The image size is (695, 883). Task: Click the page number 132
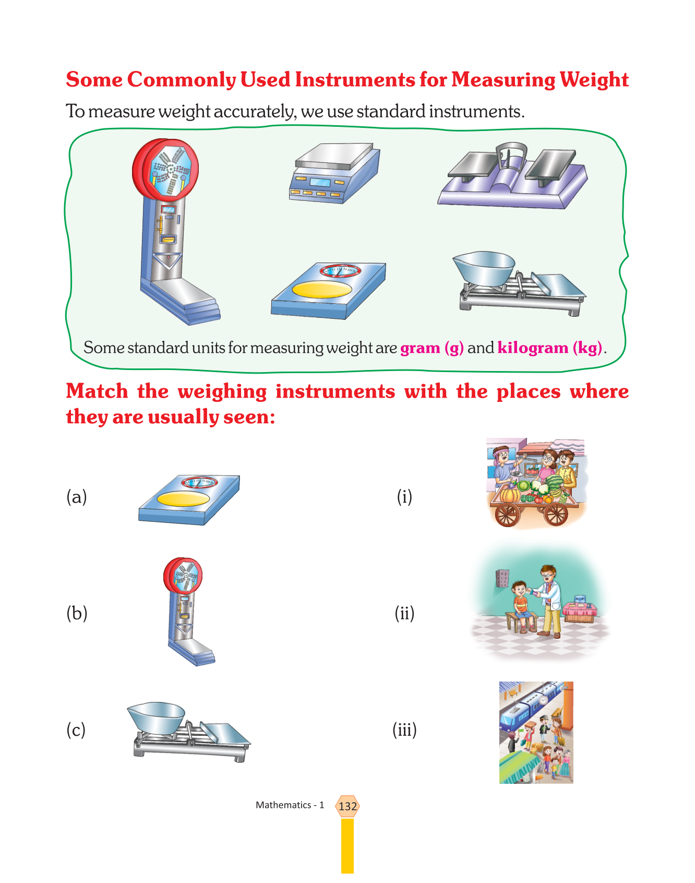(347, 806)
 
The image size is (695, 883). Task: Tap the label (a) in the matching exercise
(76, 496)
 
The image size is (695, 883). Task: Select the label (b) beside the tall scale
(76, 613)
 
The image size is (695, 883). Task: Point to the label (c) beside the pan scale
(76, 730)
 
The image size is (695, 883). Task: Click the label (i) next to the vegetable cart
(404, 496)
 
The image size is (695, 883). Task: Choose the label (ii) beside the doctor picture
(404, 613)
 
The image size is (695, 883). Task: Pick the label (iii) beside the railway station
(404, 730)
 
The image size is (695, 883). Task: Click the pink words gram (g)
(432, 348)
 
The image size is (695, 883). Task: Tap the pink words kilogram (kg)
(550, 348)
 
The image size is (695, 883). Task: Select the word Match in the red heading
(97, 391)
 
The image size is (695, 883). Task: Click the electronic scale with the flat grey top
(335, 173)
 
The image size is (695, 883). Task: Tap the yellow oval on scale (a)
(184, 499)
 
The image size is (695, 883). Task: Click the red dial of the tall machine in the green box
(166, 170)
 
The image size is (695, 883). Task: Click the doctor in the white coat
(547, 601)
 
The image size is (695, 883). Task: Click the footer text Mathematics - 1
(290, 805)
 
